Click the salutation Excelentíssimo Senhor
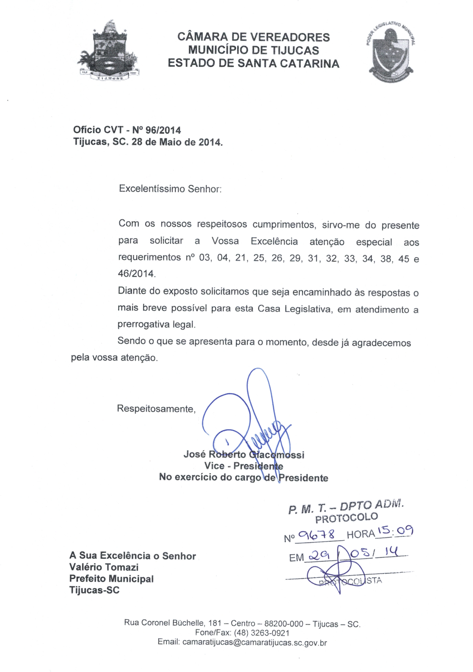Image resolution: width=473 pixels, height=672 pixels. [x=170, y=189]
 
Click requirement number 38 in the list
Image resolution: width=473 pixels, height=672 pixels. [x=386, y=259]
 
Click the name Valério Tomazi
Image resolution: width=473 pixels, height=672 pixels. [x=104, y=567]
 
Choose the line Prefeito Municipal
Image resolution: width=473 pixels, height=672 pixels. [x=111, y=579]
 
